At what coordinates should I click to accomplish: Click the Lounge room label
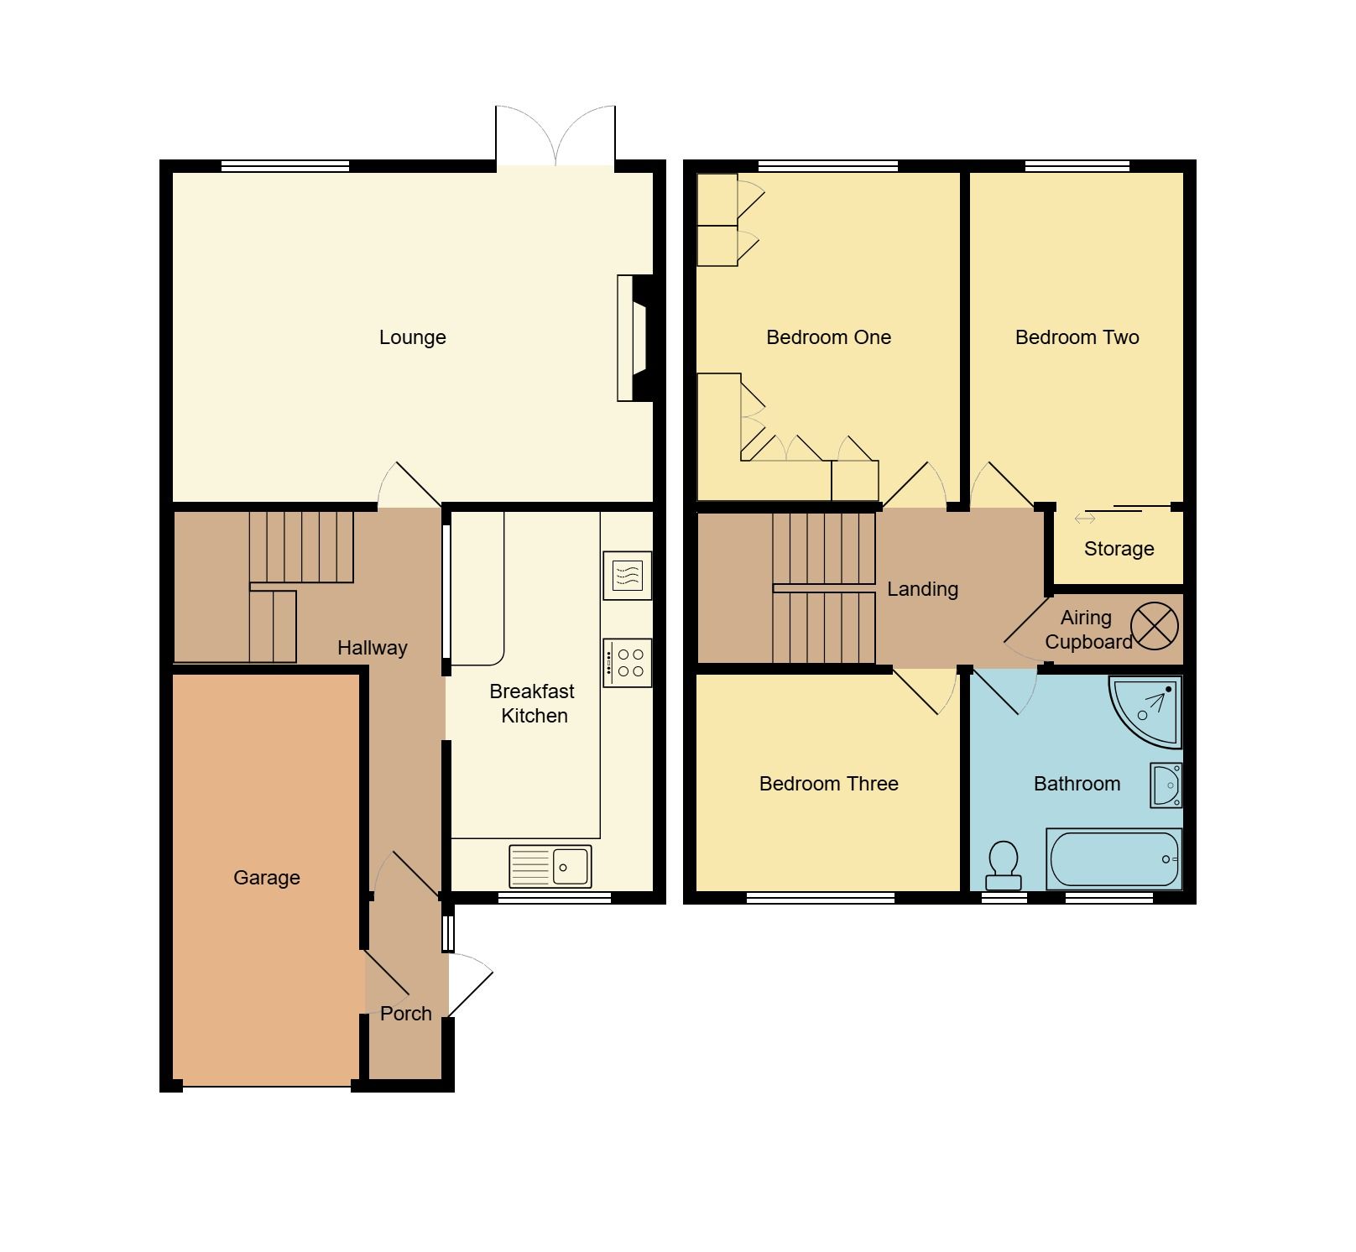(x=412, y=337)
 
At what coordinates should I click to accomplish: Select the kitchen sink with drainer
(x=550, y=865)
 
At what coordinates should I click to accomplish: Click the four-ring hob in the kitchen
(x=628, y=662)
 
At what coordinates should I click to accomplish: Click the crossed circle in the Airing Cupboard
(x=1155, y=626)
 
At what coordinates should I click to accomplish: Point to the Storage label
(x=1119, y=549)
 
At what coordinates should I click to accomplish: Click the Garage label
(x=266, y=878)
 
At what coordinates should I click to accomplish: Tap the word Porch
(x=405, y=1014)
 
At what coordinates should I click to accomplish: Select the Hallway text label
(x=372, y=648)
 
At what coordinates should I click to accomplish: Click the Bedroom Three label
(x=828, y=784)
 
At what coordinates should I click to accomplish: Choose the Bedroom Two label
(x=1077, y=337)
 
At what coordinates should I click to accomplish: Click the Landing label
(x=922, y=589)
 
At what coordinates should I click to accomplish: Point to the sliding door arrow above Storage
(x=1085, y=519)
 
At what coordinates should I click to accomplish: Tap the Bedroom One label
(x=828, y=337)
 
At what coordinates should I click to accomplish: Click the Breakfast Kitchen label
(x=533, y=703)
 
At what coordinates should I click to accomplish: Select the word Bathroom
(x=1077, y=784)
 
